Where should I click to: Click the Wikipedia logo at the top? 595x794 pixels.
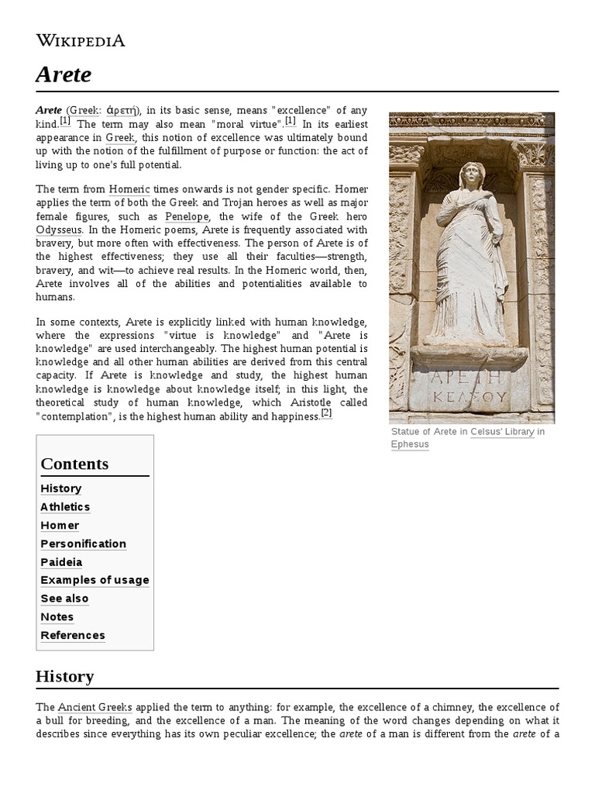(x=80, y=40)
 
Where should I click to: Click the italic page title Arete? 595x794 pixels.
(x=64, y=74)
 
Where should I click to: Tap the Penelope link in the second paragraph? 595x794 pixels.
(x=187, y=216)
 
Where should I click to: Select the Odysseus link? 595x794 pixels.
(x=58, y=230)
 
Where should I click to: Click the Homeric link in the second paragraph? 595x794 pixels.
(x=129, y=189)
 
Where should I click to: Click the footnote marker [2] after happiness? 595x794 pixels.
(x=326, y=414)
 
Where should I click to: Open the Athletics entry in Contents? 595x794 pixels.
(x=65, y=507)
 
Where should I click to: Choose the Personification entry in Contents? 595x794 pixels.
(x=83, y=544)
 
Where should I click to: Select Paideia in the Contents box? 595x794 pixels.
(x=61, y=562)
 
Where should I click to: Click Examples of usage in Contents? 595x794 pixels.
(x=95, y=580)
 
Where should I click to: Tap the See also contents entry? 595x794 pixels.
(x=64, y=599)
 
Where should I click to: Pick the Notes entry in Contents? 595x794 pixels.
(x=57, y=617)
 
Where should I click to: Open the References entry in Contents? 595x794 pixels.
(x=72, y=635)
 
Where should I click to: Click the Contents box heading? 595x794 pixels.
(x=74, y=464)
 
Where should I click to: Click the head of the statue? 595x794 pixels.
(x=471, y=176)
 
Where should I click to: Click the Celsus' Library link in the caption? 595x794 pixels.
(x=502, y=432)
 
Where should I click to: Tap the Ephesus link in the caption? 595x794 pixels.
(x=410, y=444)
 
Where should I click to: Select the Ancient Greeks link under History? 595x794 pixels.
(x=95, y=707)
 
